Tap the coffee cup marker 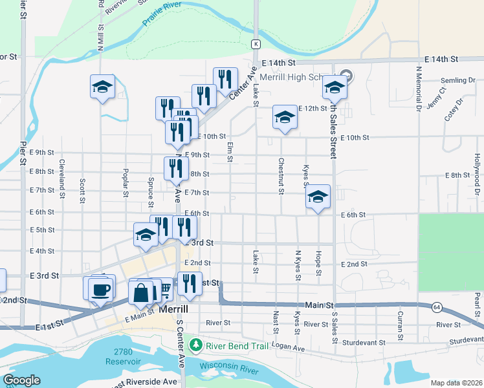click(x=100, y=289)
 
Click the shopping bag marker click(x=141, y=292)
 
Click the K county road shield click(x=256, y=44)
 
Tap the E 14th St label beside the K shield click(x=280, y=62)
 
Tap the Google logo click(x=21, y=380)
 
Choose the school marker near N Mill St click(x=102, y=87)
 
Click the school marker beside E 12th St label click(x=284, y=117)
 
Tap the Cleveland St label click(x=62, y=177)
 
